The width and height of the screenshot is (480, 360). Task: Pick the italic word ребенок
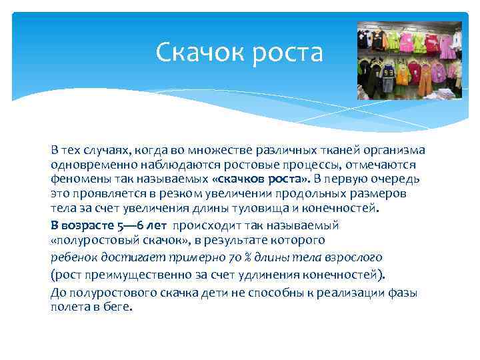(x=75, y=257)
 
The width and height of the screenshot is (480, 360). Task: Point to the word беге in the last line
(x=120, y=307)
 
